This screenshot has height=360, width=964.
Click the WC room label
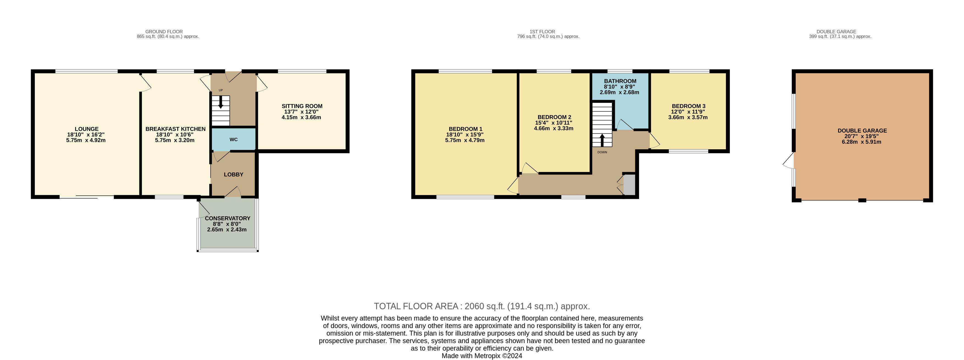point(234,140)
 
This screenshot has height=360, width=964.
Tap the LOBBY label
point(234,175)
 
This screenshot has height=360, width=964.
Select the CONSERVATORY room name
point(228,218)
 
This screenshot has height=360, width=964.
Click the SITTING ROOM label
point(302,106)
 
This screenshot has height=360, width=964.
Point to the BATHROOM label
point(620,81)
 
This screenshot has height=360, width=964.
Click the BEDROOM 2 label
point(554,117)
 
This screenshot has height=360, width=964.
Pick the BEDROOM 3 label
point(689,106)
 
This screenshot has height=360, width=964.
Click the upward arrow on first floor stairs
point(602,140)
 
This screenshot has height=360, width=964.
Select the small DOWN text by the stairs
point(602,152)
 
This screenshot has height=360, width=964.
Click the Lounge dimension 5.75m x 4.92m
point(86,140)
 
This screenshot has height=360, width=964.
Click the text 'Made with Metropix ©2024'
point(482,356)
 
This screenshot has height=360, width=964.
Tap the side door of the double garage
point(788,160)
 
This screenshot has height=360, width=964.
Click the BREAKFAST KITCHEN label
point(176,129)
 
